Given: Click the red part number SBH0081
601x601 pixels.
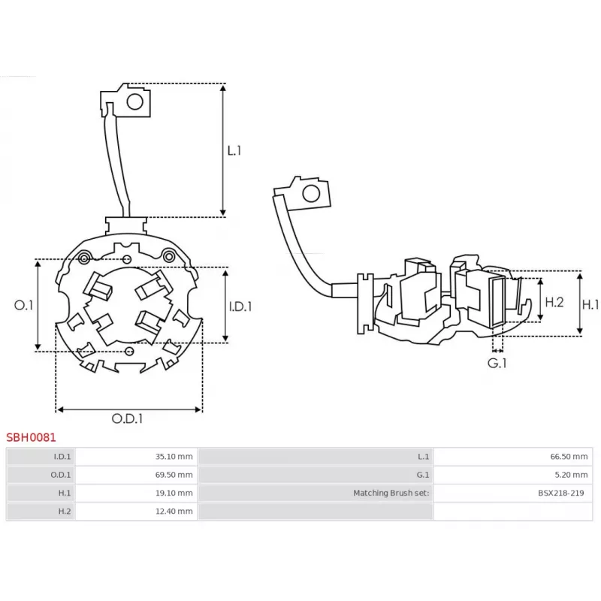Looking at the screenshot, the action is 31,437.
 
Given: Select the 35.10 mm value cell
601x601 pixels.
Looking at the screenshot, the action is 136,457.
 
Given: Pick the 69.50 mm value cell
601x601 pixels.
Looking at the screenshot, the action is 136,475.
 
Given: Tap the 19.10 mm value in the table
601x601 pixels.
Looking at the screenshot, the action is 174,493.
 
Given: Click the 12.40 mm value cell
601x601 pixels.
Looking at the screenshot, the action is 136,512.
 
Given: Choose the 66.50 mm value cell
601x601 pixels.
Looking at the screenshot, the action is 513,457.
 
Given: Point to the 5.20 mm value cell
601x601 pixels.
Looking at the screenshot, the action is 513,475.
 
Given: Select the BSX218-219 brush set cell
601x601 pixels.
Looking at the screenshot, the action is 513,493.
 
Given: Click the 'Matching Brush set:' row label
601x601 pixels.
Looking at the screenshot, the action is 391,493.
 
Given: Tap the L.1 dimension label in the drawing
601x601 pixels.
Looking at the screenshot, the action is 234,151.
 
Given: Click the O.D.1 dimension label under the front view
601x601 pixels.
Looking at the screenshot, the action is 127,418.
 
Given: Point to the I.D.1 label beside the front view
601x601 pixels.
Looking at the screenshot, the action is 240,307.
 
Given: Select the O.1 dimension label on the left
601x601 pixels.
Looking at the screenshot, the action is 23,305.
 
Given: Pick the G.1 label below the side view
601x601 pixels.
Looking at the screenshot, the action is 497,363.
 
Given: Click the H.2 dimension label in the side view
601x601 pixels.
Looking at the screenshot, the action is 554,302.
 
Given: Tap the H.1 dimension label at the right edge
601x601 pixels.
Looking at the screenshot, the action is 590,305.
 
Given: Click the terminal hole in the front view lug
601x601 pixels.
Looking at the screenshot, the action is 135,102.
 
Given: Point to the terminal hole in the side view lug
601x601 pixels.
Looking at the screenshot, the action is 311,194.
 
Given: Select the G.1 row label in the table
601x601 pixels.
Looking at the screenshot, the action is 423,475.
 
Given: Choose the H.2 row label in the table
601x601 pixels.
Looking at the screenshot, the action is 65,512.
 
